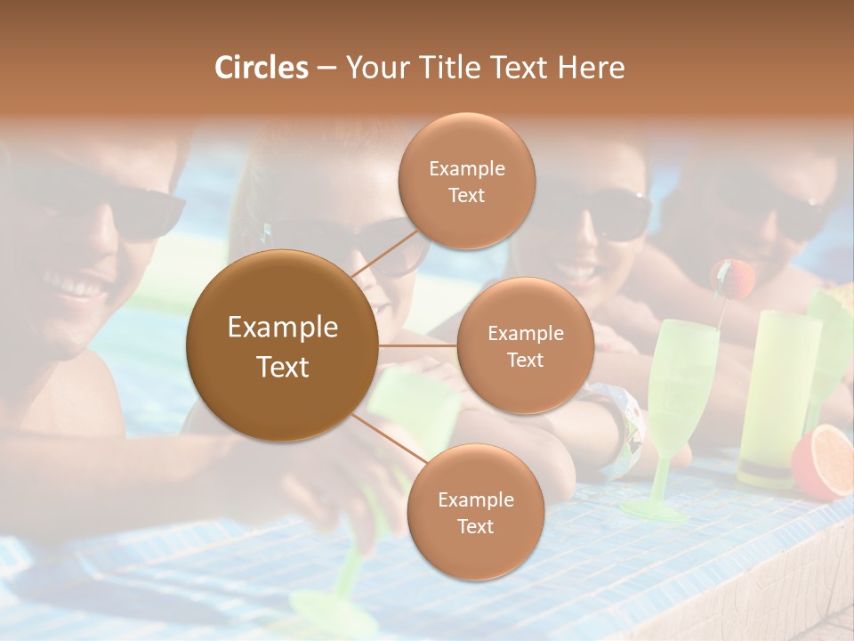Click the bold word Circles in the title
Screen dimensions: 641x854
pos(261,68)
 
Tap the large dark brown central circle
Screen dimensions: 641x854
pos(282,346)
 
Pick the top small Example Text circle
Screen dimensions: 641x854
pos(466,181)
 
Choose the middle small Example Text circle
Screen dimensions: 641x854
pos(525,345)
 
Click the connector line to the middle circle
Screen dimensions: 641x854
pos(417,345)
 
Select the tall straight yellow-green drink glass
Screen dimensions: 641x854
pos(777,392)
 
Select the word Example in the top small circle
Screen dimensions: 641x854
pos(466,168)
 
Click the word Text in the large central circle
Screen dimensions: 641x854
pos(282,367)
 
